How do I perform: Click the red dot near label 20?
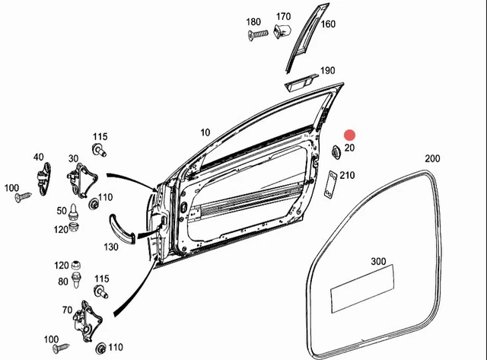pyautogui.click(x=350, y=135)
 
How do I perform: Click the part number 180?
pyautogui.click(x=253, y=21)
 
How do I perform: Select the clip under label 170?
pyautogui.click(x=282, y=31)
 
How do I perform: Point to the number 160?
pyautogui.click(x=328, y=24)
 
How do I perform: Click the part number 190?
pyautogui.click(x=327, y=71)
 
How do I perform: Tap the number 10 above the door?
pyautogui.click(x=205, y=132)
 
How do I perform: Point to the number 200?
pyautogui.click(x=432, y=158)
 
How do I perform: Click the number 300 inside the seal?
pyautogui.click(x=378, y=261)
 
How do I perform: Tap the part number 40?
pyautogui.click(x=38, y=158)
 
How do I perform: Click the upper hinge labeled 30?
pyautogui.click(x=82, y=182)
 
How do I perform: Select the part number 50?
pyautogui.click(x=61, y=210)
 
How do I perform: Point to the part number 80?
pyautogui.click(x=62, y=281)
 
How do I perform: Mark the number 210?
pyautogui.click(x=347, y=176)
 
